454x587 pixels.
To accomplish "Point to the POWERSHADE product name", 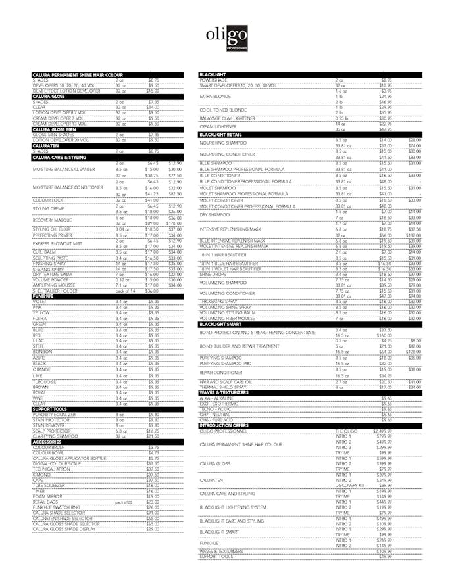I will pyautogui.click(x=213, y=80).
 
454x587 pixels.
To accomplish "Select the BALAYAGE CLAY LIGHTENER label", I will pyautogui.click(x=228, y=118).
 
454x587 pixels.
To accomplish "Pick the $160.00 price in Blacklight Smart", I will pyautogui.click(x=385, y=335).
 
